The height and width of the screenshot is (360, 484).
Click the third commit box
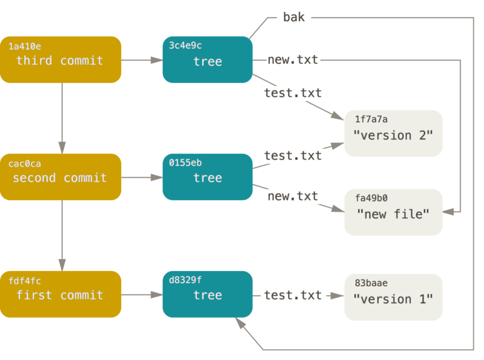pyautogui.click(x=60, y=59)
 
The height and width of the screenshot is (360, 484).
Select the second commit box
pyautogui.click(x=60, y=177)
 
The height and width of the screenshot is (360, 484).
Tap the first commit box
pyautogui.click(x=60, y=294)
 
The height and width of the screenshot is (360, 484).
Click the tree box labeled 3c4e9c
pyautogui.click(x=207, y=59)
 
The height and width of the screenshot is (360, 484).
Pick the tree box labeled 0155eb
pyautogui.click(x=207, y=177)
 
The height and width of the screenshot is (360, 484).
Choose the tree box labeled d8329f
pyautogui.click(x=207, y=294)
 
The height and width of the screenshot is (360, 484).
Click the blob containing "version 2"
pyautogui.click(x=393, y=133)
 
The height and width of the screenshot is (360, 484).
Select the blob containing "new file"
pyautogui.click(x=393, y=212)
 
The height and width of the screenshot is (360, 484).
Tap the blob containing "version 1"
pyautogui.click(x=393, y=297)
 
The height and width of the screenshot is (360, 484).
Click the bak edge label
pyautogui.click(x=294, y=18)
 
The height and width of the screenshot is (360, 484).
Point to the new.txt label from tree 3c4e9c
pyautogui.click(x=293, y=59)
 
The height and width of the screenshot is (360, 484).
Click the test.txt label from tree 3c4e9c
pyautogui.click(x=293, y=93)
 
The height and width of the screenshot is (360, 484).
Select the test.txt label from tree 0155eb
pyautogui.click(x=293, y=155)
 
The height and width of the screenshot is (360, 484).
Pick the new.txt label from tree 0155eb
pyautogui.click(x=293, y=196)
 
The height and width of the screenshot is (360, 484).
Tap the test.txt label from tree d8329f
pyautogui.click(x=293, y=295)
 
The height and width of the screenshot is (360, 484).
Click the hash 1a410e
pyautogui.click(x=25, y=47)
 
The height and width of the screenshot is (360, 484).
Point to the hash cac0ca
pyautogui.click(x=25, y=164)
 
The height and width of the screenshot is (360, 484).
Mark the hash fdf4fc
pyautogui.click(x=25, y=281)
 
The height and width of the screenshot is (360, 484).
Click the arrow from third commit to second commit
pyautogui.click(x=62, y=118)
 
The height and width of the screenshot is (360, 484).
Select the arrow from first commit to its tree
pyautogui.click(x=142, y=295)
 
